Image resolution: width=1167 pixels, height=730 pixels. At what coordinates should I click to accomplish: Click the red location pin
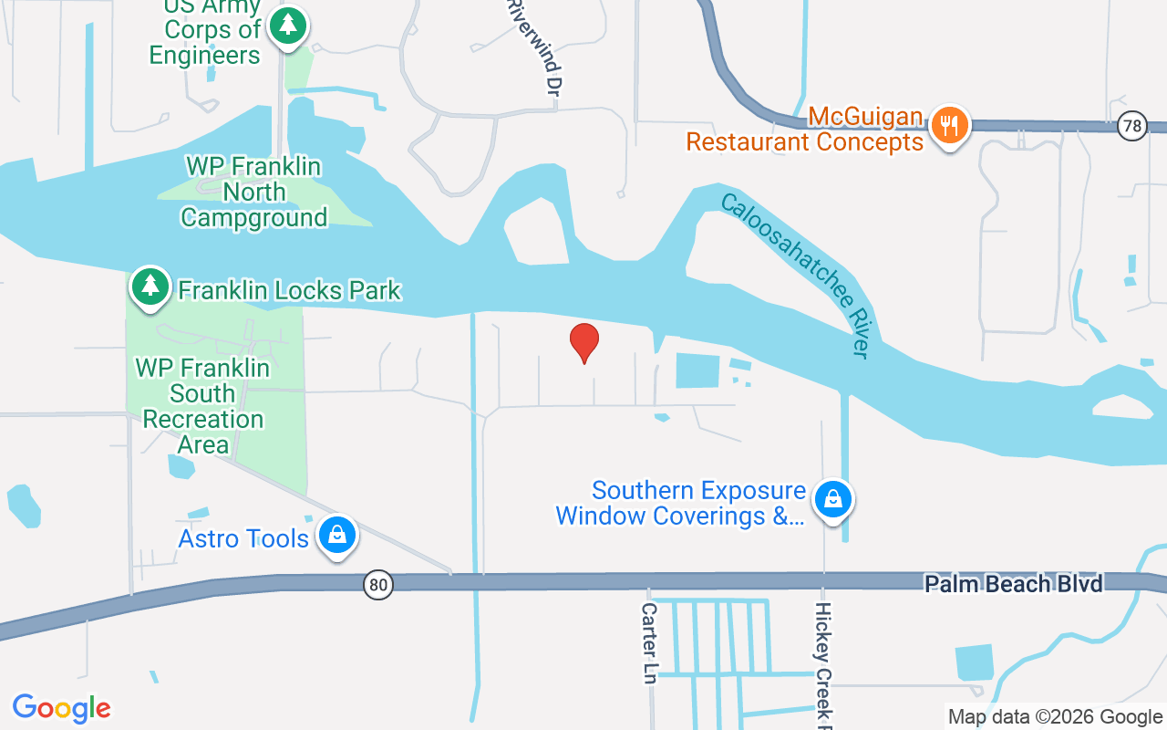click(584, 342)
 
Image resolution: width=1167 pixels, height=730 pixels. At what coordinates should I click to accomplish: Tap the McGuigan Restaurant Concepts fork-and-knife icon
click(950, 126)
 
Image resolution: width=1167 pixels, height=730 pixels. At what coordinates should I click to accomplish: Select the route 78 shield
click(1132, 126)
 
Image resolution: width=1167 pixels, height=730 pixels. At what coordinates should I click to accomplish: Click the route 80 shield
click(378, 585)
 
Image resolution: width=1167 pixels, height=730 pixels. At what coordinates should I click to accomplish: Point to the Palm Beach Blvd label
click(1014, 584)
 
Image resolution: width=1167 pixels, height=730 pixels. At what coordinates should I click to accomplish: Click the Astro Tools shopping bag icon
click(337, 535)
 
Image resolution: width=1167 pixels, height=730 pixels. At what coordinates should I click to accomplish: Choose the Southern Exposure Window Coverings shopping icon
click(833, 499)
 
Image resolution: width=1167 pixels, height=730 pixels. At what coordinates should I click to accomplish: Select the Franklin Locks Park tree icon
click(150, 287)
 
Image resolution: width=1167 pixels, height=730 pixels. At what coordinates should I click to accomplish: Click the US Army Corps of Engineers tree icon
click(289, 25)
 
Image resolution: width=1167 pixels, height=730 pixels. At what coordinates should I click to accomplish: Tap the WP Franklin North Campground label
click(253, 193)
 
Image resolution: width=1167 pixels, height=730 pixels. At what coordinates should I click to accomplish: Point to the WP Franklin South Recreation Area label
click(202, 406)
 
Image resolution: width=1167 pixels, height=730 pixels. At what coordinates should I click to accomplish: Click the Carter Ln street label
click(649, 642)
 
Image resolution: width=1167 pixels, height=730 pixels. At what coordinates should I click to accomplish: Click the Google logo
click(62, 708)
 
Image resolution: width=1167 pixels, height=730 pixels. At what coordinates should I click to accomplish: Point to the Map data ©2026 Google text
click(1055, 717)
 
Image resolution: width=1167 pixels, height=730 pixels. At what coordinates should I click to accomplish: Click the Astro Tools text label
click(243, 538)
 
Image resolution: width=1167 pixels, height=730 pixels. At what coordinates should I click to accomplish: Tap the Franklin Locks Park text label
click(289, 290)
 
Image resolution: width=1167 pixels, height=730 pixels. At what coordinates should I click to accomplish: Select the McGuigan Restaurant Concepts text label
click(805, 130)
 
